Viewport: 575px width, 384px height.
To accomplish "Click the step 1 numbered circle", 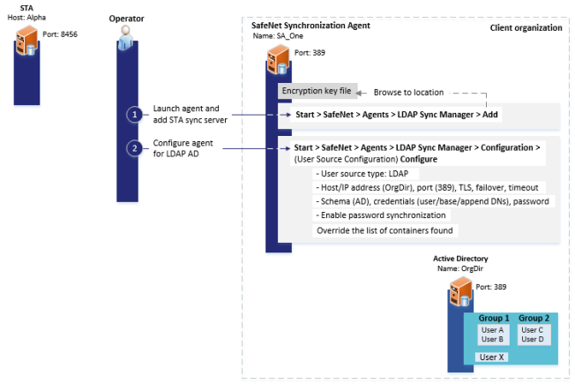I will pos(134,115).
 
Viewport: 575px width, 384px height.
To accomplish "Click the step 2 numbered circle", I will pos(134,147).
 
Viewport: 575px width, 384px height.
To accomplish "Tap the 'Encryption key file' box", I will pos(317,91).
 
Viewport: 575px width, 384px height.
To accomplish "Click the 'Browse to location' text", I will pos(408,92).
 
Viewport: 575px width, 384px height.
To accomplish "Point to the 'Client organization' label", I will pos(526,28).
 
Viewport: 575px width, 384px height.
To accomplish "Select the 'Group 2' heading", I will pos(533,318).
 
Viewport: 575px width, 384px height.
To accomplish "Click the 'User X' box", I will pos(490,357).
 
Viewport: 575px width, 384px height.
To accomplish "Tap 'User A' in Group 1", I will pos(490,329).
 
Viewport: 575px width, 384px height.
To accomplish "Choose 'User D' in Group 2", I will pos(533,339).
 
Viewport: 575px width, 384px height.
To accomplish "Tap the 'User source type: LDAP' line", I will pos(355,173).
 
